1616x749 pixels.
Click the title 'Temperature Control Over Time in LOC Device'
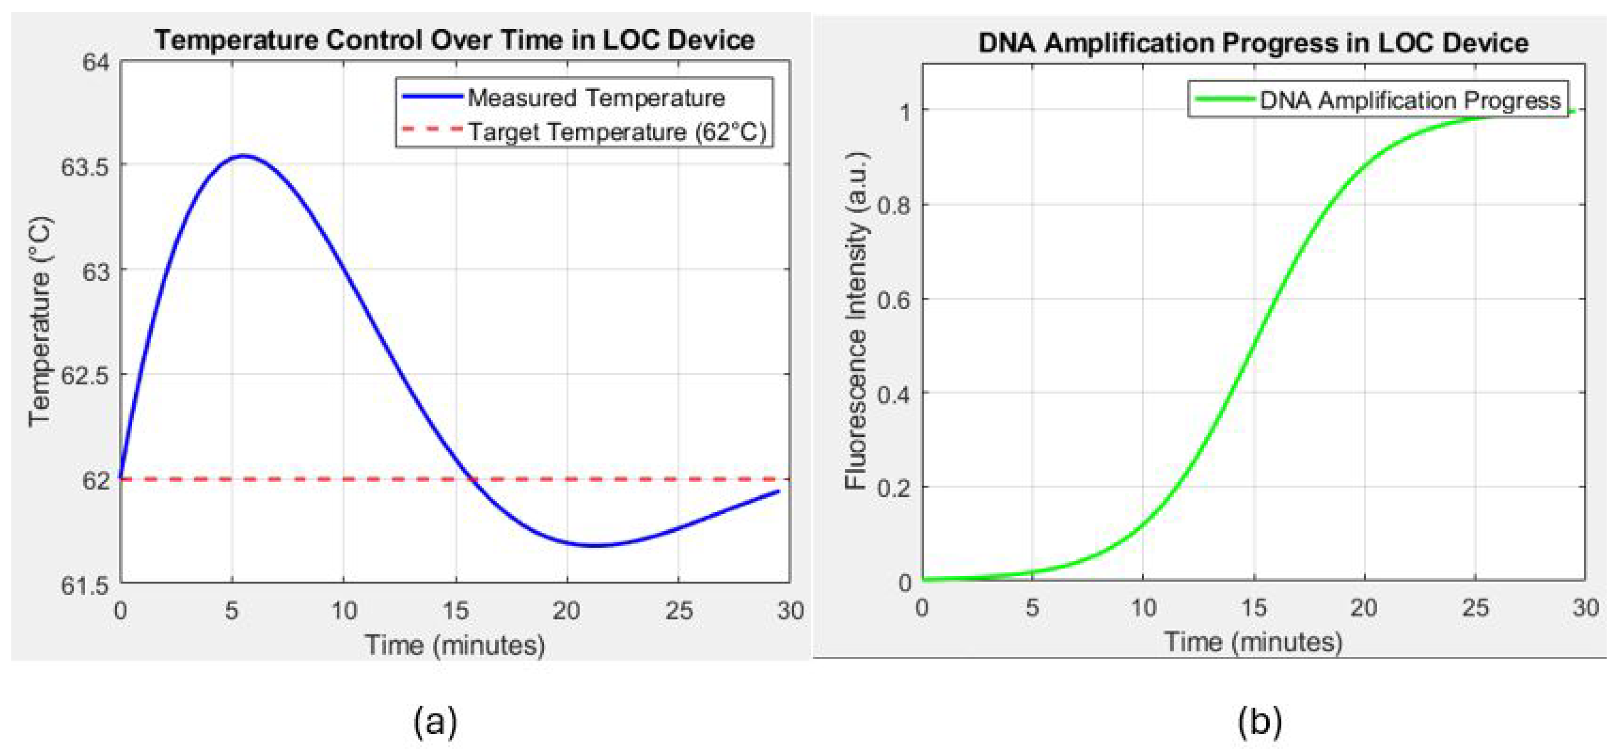point(454,40)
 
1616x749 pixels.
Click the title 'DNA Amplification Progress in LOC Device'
point(1253,43)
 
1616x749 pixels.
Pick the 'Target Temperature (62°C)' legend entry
point(617,131)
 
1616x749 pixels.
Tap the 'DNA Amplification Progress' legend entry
point(1410,100)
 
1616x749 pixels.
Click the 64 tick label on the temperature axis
point(96,63)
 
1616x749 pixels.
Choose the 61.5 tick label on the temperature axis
point(85,586)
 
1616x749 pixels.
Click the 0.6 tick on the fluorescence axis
point(894,299)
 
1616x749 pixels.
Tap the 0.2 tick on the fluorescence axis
point(894,487)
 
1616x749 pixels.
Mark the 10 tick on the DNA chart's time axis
point(1143,607)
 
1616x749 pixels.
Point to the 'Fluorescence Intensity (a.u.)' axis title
point(856,321)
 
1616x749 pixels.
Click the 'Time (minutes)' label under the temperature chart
point(454,645)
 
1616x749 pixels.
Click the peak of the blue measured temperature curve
point(243,156)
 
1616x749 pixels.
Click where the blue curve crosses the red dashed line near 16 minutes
point(473,480)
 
